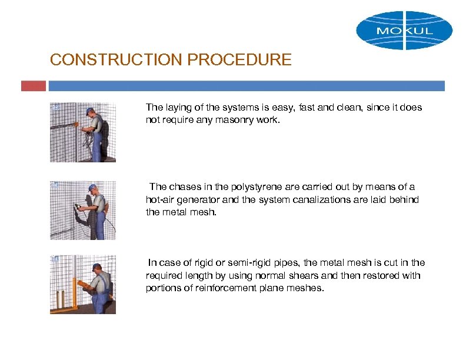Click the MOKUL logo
404,30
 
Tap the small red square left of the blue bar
33,86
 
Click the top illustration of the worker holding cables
82,132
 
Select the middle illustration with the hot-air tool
82,210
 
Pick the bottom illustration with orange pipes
82,285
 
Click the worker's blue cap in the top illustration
89,111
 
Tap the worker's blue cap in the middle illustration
92,188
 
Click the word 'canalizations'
345,200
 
